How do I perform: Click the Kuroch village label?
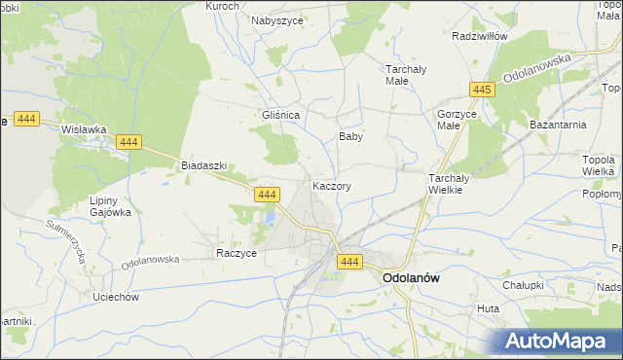coord(223,6)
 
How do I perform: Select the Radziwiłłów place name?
coord(481,35)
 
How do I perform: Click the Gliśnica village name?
coord(279,114)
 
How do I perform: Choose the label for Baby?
coord(350,137)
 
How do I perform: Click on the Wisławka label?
coord(83,128)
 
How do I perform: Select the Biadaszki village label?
coord(203,165)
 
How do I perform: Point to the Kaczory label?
coord(332,185)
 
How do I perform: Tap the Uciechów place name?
coord(116,296)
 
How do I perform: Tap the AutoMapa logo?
coord(558,341)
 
